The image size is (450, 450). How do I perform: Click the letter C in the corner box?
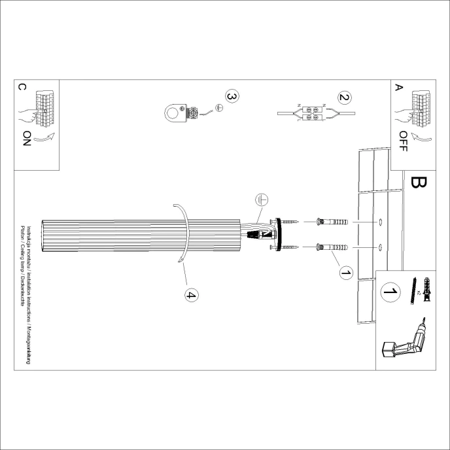[x=23, y=87]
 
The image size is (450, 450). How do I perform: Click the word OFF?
[x=403, y=139]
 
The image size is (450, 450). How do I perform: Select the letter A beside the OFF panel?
[x=400, y=87]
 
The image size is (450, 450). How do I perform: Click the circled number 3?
[x=230, y=96]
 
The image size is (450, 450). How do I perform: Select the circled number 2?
[x=343, y=98]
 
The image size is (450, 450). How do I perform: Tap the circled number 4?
[x=191, y=296]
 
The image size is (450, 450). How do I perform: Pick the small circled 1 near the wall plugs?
[x=346, y=271]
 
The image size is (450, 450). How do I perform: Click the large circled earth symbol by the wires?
[x=260, y=200]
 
